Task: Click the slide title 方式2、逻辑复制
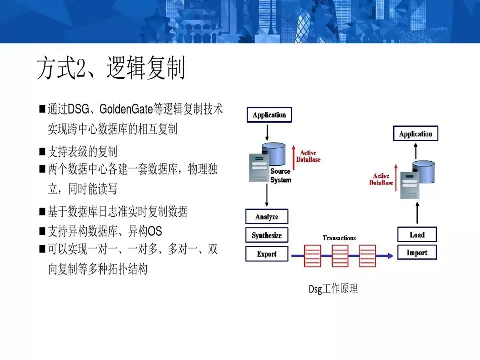(x=111, y=69)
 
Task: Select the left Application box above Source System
(x=269, y=115)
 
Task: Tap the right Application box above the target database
(x=415, y=134)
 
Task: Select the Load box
(x=417, y=235)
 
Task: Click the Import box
(x=417, y=253)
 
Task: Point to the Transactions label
(x=339, y=238)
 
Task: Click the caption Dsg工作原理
(x=333, y=289)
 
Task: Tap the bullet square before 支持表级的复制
(x=42, y=151)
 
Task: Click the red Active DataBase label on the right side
(x=381, y=179)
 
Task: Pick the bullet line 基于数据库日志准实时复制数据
(x=117, y=212)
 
